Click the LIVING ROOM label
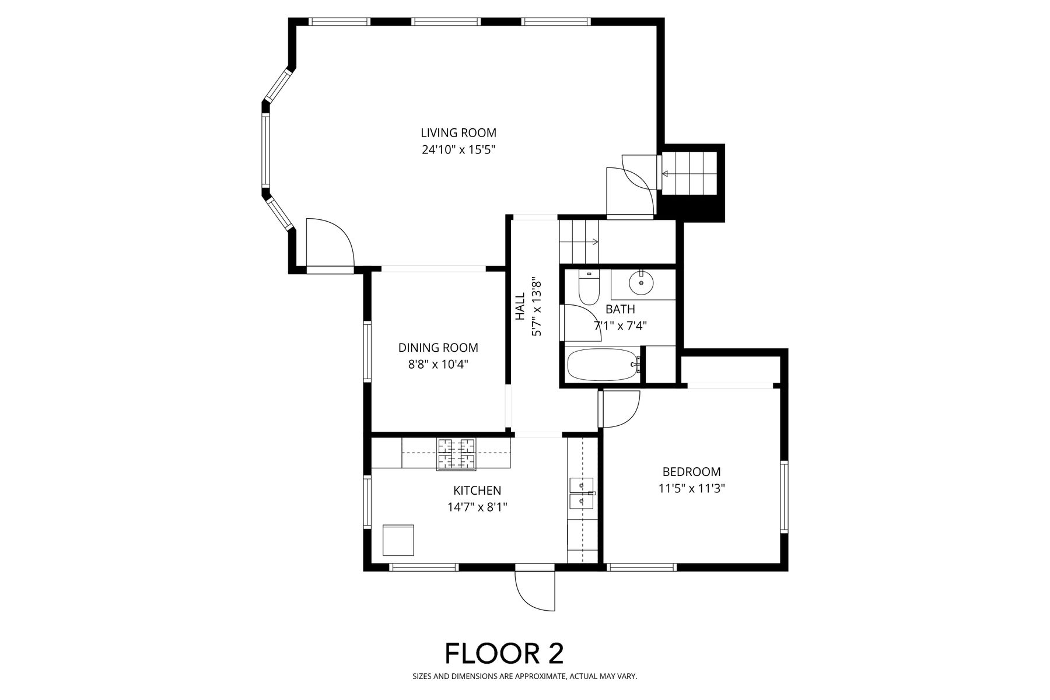tap(459, 133)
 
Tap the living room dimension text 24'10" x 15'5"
tap(459, 150)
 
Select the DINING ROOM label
tap(438, 348)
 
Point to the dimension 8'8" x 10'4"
tap(438, 365)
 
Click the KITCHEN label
tap(477, 491)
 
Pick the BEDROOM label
tap(691, 471)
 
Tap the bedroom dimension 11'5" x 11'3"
tap(691, 488)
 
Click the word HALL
tap(520, 306)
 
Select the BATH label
tap(620, 309)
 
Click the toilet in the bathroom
tap(588, 287)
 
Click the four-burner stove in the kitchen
tap(457, 454)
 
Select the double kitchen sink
tap(582, 493)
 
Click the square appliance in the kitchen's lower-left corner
tap(398, 540)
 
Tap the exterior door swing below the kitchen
tap(535, 589)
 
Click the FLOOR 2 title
tap(505, 653)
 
